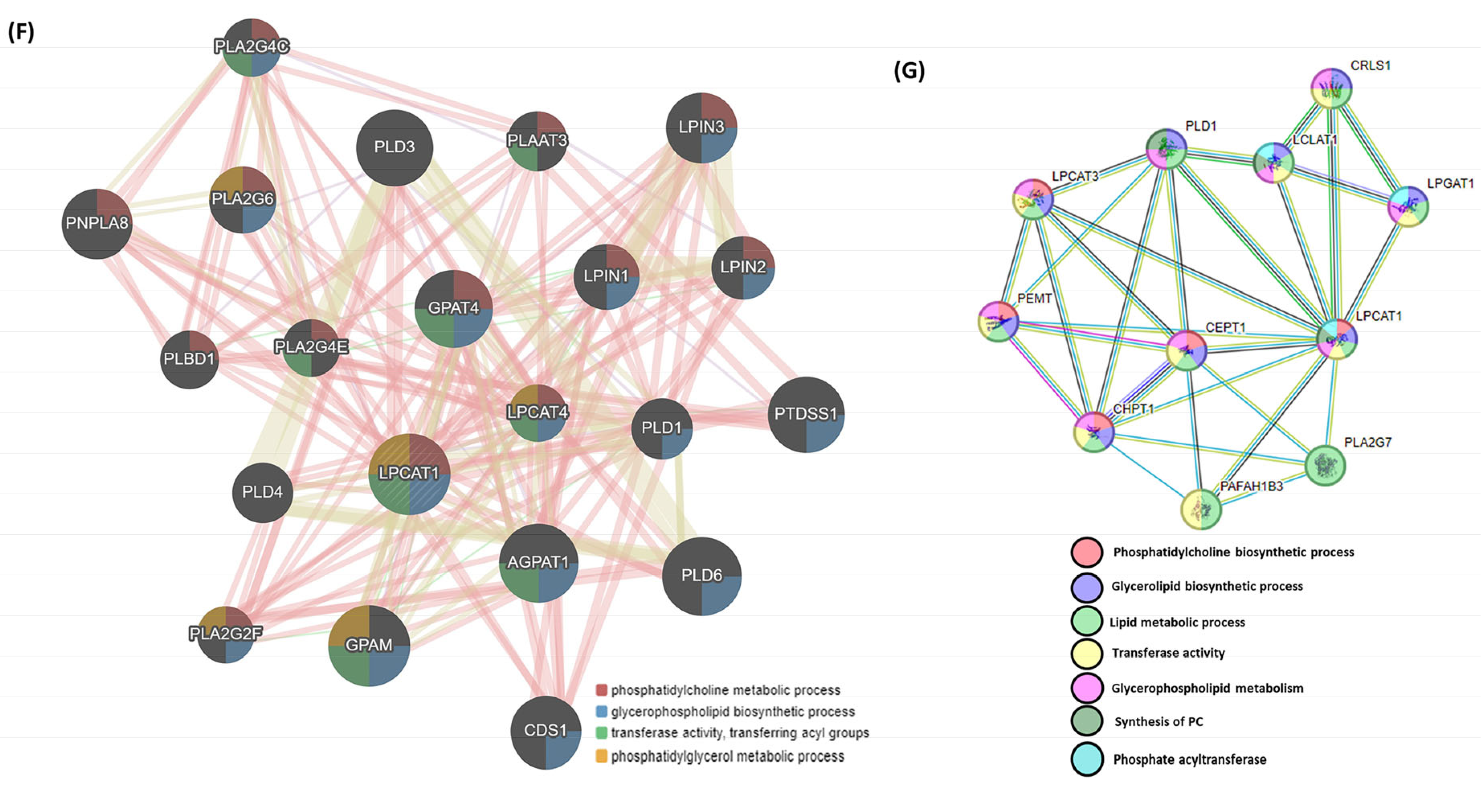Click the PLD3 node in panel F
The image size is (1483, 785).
(x=394, y=147)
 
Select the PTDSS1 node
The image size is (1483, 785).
(x=806, y=414)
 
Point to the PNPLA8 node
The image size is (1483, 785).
(x=97, y=223)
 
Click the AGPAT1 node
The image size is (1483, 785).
(x=538, y=563)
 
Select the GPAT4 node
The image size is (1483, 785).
(x=453, y=309)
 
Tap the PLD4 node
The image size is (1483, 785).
(x=263, y=493)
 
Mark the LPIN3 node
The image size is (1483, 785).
(x=701, y=127)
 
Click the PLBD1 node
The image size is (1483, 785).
(x=189, y=360)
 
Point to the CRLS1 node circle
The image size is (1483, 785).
(x=1331, y=88)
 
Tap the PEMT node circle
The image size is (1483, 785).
(x=998, y=321)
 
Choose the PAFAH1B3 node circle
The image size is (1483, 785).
(x=1201, y=509)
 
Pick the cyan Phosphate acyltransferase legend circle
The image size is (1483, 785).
(x=1087, y=759)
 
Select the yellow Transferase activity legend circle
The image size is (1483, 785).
(x=1087, y=653)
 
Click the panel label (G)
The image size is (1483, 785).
(x=909, y=70)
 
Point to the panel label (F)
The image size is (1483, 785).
(x=21, y=32)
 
